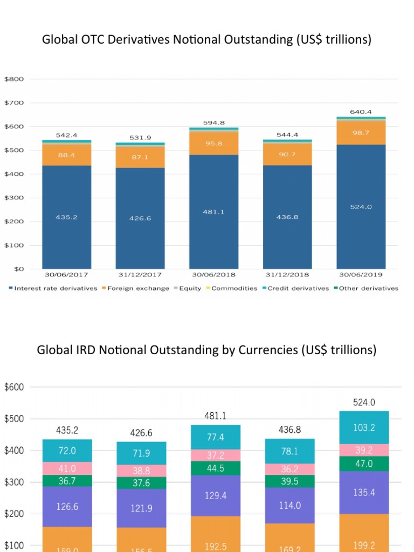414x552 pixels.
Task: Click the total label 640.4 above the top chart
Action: click(361, 112)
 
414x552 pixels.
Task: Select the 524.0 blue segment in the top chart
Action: click(361, 206)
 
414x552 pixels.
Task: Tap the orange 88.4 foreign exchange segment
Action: click(67, 155)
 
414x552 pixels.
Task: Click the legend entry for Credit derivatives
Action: click(296, 288)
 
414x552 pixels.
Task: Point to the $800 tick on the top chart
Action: click(14, 79)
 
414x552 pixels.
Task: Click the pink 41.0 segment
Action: click(67, 468)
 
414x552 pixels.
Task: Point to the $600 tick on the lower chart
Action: click(14, 387)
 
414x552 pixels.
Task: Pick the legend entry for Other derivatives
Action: click(368, 288)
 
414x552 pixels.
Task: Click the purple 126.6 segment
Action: click(67, 506)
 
